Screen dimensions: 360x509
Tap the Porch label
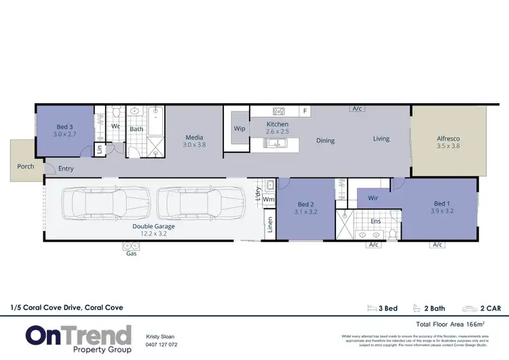point(26,166)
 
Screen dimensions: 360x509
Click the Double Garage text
point(154,226)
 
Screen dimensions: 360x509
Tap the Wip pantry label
point(240,128)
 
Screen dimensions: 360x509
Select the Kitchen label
point(277,124)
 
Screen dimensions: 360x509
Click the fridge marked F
point(305,111)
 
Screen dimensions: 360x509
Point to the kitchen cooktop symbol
point(278,111)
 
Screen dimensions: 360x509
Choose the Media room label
point(195,138)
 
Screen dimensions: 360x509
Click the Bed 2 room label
point(307,204)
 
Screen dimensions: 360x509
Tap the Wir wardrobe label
point(373,198)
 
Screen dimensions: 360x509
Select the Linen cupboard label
point(269,224)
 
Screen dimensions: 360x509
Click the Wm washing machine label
point(269,200)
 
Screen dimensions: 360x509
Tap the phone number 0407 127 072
point(162,344)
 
